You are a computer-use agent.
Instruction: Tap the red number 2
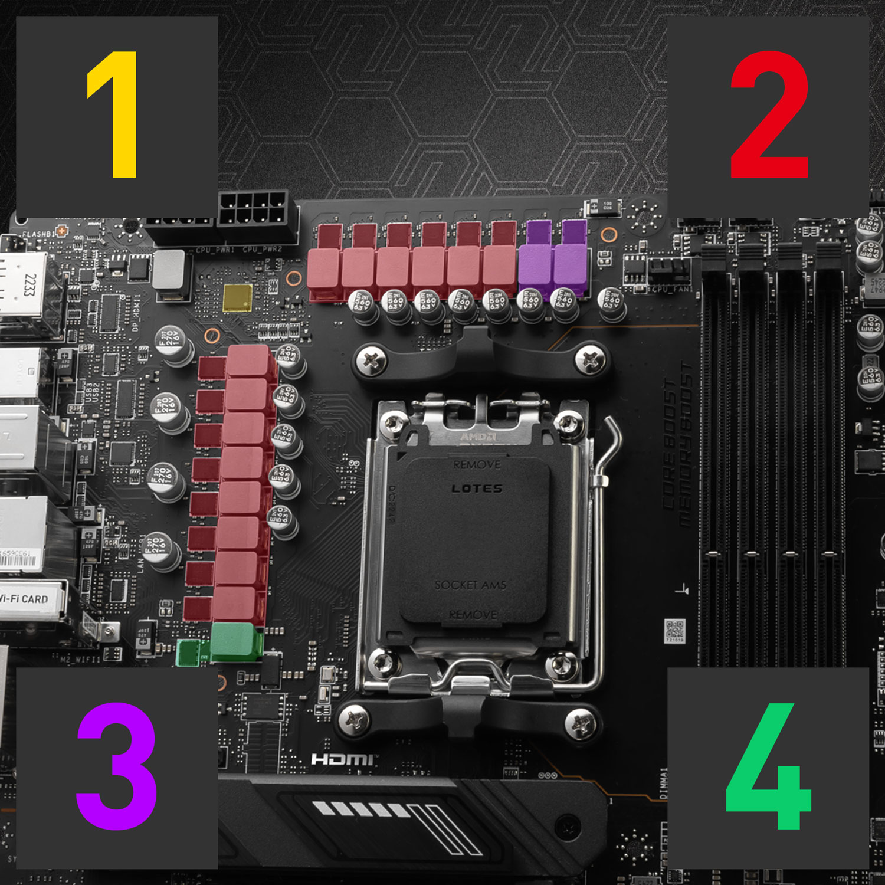[769, 114]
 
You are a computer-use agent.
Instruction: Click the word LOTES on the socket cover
[477, 489]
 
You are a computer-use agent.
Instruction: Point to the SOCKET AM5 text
[470, 585]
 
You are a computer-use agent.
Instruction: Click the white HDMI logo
[342, 759]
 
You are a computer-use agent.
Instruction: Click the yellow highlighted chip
[237, 298]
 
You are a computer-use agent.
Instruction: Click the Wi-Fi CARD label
[25, 599]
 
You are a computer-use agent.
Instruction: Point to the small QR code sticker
[675, 630]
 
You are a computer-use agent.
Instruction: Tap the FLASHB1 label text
[38, 234]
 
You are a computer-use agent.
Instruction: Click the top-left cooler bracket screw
[372, 360]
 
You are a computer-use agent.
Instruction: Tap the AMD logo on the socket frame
[478, 437]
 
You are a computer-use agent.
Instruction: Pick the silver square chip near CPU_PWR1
[169, 269]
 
